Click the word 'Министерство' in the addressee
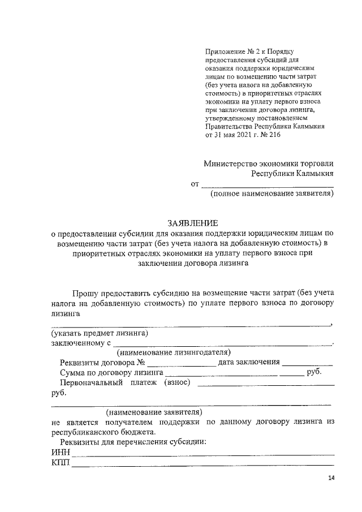pos(229,164)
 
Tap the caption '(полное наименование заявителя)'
pos(271,195)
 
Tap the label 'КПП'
pos(60,463)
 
